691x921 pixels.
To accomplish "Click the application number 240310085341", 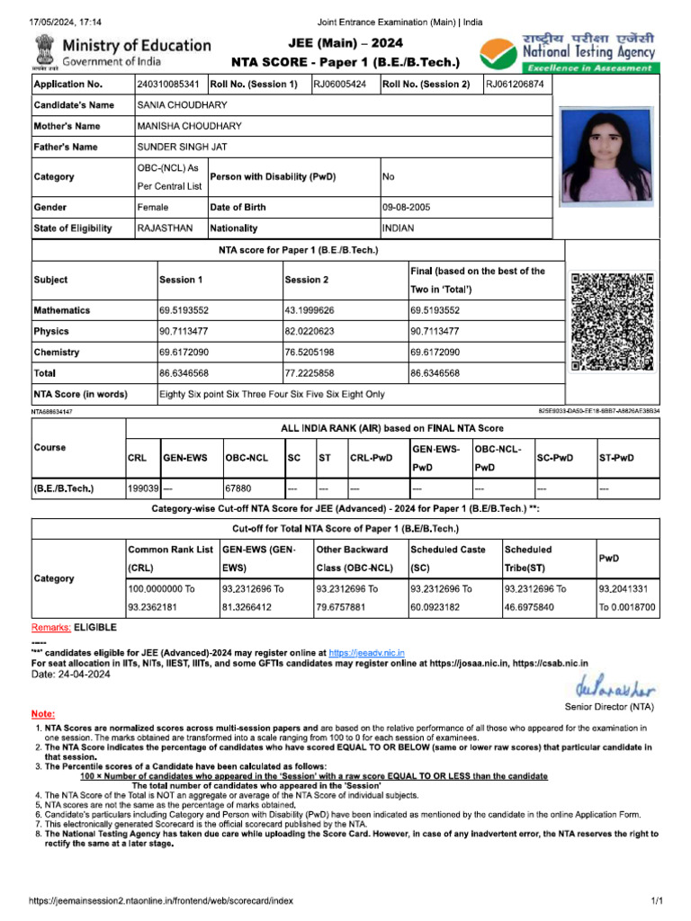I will (168, 85).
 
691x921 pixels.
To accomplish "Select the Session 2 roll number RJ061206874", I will (515, 85).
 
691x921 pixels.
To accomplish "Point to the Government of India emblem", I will (43, 52).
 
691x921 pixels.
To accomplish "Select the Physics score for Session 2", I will (310, 332).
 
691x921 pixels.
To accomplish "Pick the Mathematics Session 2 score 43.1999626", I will (310, 310).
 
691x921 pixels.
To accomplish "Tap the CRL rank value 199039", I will (143, 490).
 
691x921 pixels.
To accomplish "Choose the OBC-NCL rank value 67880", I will (238, 490).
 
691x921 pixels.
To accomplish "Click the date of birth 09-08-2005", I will (407, 208).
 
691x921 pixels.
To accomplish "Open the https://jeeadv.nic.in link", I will (366, 653).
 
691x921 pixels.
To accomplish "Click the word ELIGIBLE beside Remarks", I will (95, 626).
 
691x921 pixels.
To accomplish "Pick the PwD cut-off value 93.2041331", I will (627, 589).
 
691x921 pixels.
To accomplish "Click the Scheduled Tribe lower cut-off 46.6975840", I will (534, 608).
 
